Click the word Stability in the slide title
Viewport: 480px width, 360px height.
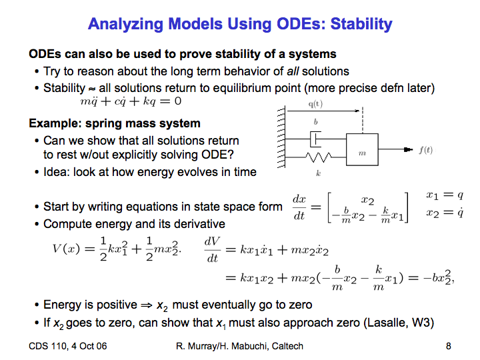tap(361, 24)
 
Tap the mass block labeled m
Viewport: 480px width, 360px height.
tap(362, 149)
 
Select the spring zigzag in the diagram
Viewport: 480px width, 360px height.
tap(319, 157)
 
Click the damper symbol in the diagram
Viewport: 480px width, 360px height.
tap(315, 139)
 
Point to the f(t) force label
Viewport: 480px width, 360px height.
tap(426, 150)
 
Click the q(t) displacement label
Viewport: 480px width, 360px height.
tap(315, 104)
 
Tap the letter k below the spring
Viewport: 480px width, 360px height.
tap(319, 173)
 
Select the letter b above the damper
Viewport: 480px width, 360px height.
tap(315, 122)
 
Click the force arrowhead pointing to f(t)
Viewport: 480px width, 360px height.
tap(409, 149)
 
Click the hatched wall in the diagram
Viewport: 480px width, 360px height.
tap(281, 137)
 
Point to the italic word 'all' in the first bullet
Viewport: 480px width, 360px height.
tap(293, 71)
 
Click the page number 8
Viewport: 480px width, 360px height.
tap(449, 346)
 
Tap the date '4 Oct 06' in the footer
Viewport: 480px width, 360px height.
tap(89, 346)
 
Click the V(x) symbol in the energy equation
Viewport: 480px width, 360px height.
tap(66, 249)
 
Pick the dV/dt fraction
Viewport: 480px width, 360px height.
tap(212, 249)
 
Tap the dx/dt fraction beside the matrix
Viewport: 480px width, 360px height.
tap(299, 207)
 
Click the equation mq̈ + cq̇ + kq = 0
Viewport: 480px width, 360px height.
tap(131, 101)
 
